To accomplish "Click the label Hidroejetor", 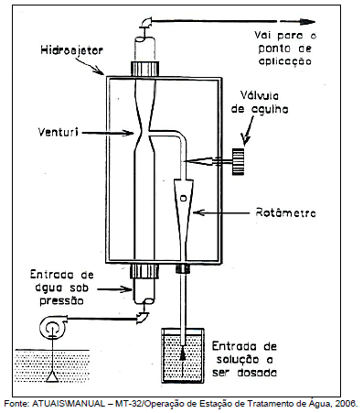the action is (x=71, y=50).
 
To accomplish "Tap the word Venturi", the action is (x=59, y=132).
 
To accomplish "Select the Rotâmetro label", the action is (x=285, y=212).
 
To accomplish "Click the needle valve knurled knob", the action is (x=239, y=161).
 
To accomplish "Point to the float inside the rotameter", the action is (x=183, y=199).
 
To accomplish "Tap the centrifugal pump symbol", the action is (x=52, y=327).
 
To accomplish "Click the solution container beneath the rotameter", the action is (x=183, y=355).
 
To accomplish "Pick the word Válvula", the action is (x=260, y=96).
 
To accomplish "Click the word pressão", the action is (x=61, y=301).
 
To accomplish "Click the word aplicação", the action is (x=285, y=61).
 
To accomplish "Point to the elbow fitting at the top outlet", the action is (x=146, y=22).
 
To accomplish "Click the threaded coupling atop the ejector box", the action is (x=144, y=69).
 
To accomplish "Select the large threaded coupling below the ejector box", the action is (x=144, y=272).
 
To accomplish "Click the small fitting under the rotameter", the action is (x=183, y=269).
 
